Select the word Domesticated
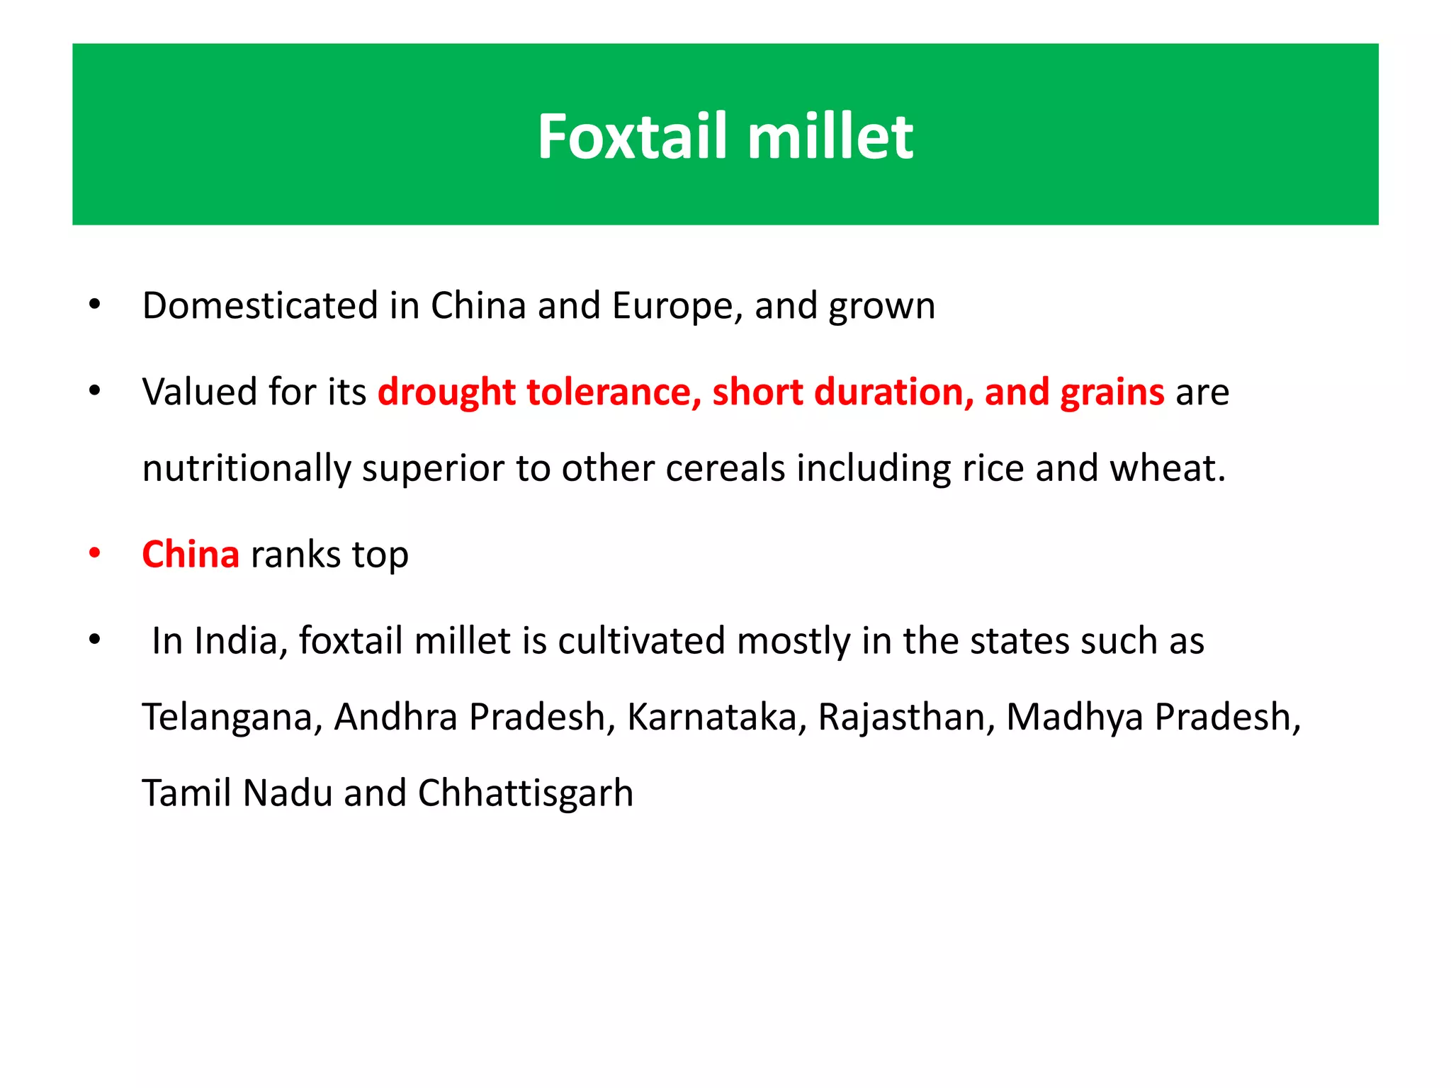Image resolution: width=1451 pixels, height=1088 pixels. click(x=260, y=306)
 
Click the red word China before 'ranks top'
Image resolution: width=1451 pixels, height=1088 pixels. click(x=191, y=555)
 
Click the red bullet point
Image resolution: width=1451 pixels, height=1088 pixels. click(x=95, y=554)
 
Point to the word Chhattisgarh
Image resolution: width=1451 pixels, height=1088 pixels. click(x=525, y=793)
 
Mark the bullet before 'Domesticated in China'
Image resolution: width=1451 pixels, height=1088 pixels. click(x=95, y=306)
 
